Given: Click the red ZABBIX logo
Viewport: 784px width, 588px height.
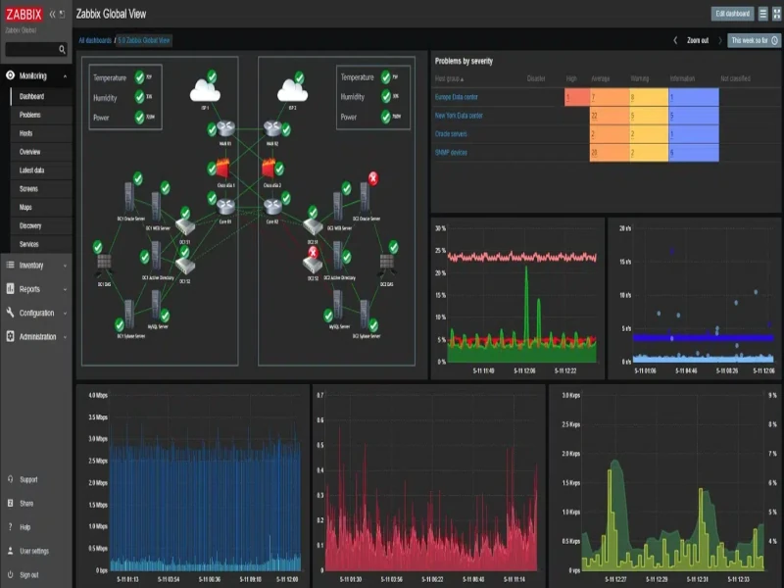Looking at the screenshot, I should (x=24, y=14).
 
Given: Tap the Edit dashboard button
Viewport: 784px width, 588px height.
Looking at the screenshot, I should (x=733, y=14).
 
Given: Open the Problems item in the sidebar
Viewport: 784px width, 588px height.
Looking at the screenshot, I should (x=30, y=115).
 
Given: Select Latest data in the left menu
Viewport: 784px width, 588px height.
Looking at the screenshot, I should (x=33, y=170).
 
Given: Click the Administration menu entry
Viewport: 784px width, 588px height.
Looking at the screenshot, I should (x=38, y=336).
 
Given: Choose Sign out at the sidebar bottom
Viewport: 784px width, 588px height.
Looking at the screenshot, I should (x=28, y=574).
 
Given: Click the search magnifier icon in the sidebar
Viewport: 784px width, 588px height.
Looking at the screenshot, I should (x=62, y=49).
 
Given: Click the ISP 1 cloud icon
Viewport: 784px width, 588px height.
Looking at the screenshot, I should (x=204, y=91).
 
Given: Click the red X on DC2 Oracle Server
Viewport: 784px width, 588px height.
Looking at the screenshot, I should (x=373, y=177).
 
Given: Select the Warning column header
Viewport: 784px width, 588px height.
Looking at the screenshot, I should (x=640, y=78).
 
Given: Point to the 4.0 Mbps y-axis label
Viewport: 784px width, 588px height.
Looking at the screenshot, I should (x=97, y=396).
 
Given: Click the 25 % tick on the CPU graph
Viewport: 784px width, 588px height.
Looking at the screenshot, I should (x=441, y=250).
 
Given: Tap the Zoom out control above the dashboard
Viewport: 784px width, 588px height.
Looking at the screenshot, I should (x=698, y=40).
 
